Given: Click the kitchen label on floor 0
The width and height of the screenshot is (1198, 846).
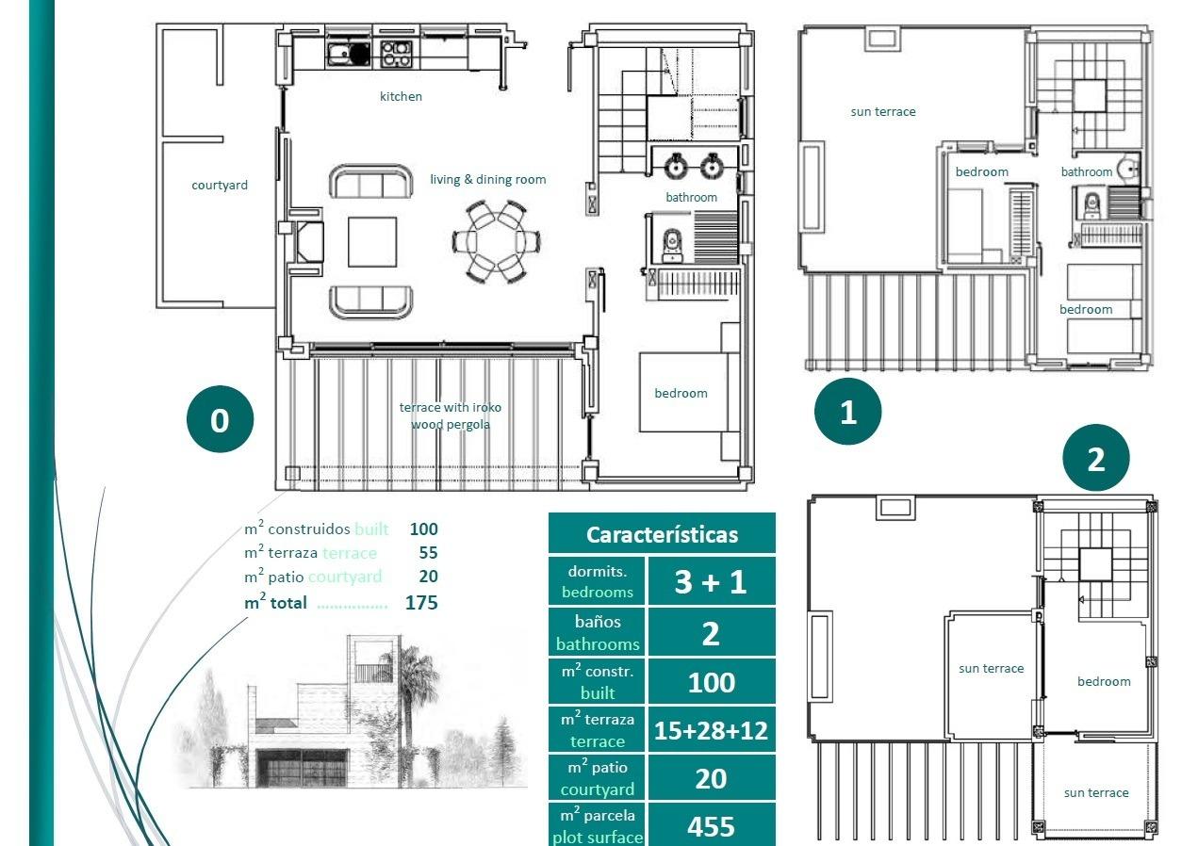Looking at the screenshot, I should [401, 96].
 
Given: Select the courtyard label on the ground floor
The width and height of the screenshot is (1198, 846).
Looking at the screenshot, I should [220, 185].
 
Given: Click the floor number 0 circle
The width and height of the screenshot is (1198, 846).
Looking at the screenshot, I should [220, 419].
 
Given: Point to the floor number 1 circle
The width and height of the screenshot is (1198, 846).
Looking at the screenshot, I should [847, 412].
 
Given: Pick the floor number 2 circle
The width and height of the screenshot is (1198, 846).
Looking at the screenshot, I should [1095, 459].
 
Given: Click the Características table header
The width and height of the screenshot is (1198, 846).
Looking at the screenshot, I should [662, 534].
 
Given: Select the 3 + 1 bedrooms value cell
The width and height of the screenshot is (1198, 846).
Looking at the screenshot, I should [711, 582].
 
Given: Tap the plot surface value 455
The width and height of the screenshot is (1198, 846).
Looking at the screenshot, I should [711, 826].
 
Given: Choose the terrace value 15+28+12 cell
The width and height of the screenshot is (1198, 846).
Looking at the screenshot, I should [711, 730].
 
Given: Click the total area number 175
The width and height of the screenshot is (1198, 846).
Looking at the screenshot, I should [421, 603].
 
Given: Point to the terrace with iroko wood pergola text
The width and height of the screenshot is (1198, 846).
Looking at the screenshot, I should [450, 415].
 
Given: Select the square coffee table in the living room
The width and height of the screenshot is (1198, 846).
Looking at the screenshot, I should [372, 242].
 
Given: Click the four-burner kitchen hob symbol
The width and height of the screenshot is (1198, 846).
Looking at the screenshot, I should [396, 53].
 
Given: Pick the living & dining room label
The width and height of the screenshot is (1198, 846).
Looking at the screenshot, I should [487, 179].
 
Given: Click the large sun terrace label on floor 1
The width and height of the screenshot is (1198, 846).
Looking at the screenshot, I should [882, 111].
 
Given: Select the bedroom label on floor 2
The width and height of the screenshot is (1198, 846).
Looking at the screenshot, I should [1103, 681].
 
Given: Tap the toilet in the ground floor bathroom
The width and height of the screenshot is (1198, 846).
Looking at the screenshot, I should [672, 244].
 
